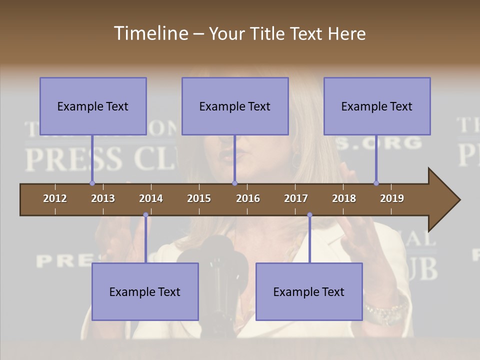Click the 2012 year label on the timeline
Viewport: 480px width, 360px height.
55,198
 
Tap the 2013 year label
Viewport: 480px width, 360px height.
103,198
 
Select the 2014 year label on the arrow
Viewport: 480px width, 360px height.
151,198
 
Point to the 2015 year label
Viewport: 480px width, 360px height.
199,198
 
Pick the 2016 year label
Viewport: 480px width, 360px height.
248,198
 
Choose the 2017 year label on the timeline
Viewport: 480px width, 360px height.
296,198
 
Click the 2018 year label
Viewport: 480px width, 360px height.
344,198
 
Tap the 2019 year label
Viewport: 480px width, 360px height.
392,198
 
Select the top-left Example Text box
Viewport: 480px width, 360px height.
93,106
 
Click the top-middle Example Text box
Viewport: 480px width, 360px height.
235,106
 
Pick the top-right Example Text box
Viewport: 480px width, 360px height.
377,106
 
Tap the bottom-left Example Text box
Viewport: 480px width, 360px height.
145,291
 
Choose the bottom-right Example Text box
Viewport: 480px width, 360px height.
309,291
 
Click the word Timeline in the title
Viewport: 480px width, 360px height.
150,33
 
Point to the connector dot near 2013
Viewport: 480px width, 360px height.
92,183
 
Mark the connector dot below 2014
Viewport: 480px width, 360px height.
145,215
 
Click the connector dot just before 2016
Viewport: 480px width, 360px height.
234,183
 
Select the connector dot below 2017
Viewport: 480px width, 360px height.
309,215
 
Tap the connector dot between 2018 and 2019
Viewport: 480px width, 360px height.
376,183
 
